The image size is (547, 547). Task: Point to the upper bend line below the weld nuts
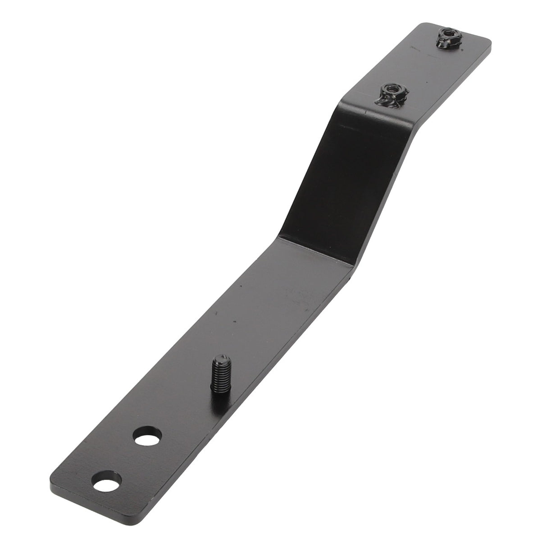click(378, 113)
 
